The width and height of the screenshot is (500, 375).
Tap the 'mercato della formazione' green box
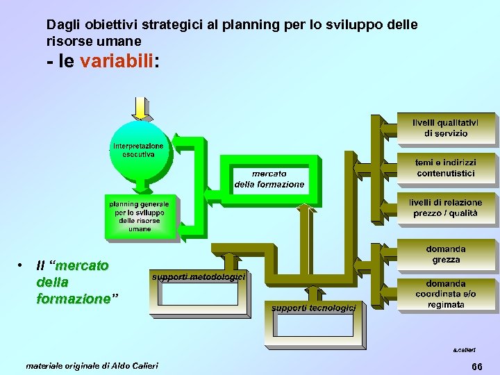tap(269, 178)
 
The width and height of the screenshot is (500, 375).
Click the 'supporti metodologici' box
tap(199, 285)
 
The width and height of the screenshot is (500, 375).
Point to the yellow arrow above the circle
tap(140, 108)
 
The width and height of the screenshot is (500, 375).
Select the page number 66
tap(476, 366)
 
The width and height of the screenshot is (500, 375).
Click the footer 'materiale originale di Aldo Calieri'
tap(92, 365)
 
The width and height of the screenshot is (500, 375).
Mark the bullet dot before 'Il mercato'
tap(22, 265)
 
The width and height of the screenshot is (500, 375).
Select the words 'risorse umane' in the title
tap(93, 41)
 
